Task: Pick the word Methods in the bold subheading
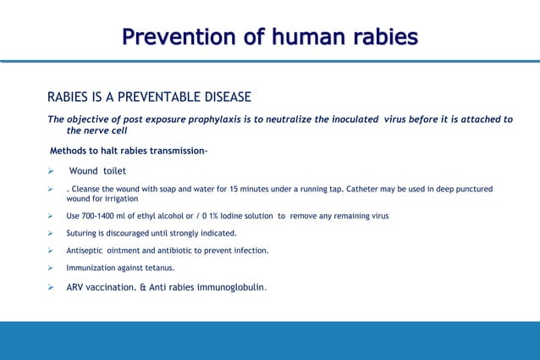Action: [70, 152]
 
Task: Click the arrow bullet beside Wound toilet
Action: [52, 171]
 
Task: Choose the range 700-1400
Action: [104, 216]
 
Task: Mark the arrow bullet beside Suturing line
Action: [52, 233]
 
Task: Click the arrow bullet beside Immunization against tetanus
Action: [52, 268]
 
